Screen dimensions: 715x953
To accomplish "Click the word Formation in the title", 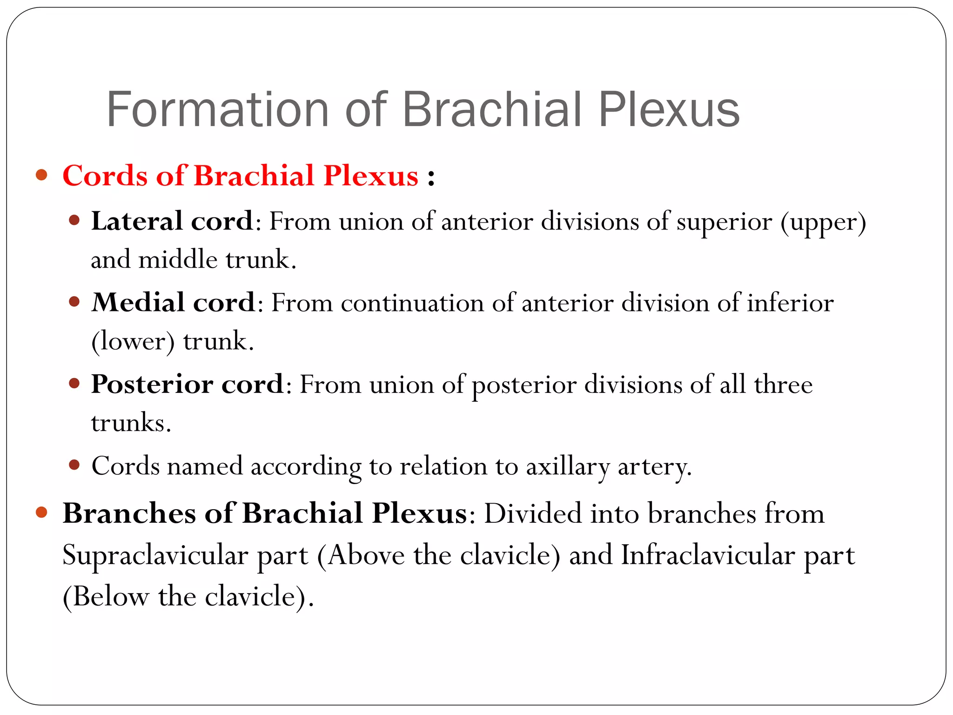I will coord(218,110).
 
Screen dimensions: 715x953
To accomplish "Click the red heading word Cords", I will coord(105,176).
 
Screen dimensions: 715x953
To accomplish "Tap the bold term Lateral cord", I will coord(172,221).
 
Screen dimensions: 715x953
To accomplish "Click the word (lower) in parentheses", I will coord(133,342).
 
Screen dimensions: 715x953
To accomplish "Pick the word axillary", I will coord(568,466).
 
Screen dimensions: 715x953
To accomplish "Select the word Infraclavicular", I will coord(708,556).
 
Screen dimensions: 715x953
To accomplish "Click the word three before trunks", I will coord(783,384).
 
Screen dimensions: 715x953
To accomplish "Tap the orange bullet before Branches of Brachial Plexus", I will coord(42,512).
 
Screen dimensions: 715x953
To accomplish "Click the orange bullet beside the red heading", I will coord(42,175).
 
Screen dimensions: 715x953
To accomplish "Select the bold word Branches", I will coord(129,514).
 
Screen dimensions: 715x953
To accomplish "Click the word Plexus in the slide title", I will coord(669,110).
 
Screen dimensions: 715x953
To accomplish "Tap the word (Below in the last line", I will coord(106,597).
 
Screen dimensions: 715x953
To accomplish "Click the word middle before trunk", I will coord(178,260).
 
